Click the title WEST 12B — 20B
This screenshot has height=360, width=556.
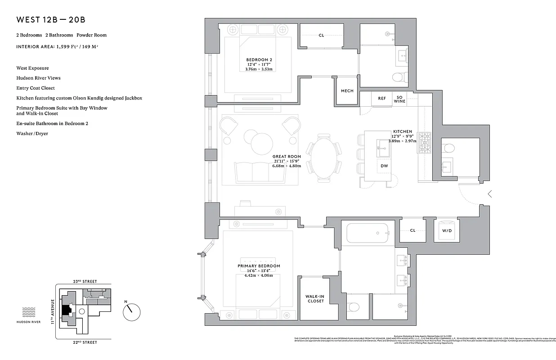click(51, 20)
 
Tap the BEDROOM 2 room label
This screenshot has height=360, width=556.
click(259, 60)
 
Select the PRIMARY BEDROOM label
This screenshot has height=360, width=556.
click(259, 266)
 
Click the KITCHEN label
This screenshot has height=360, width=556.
click(402, 131)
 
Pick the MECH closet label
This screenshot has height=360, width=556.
click(347, 91)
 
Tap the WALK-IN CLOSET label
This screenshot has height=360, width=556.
click(315, 298)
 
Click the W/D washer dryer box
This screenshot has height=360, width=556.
click(447, 230)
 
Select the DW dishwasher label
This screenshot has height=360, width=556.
click(384, 166)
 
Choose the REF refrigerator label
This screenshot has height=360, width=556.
click(381, 99)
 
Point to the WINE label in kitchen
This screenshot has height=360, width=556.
click(399, 101)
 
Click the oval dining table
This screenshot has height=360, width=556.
click(323, 157)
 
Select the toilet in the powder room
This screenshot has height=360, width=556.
click(449, 148)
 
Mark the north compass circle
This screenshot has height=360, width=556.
click(131, 310)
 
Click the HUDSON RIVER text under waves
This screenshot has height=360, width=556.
click(29, 322)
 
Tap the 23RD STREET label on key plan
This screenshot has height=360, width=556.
click(85, 281)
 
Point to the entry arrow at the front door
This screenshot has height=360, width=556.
click(490, 194)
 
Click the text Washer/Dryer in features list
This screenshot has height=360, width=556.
click(32, 134)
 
